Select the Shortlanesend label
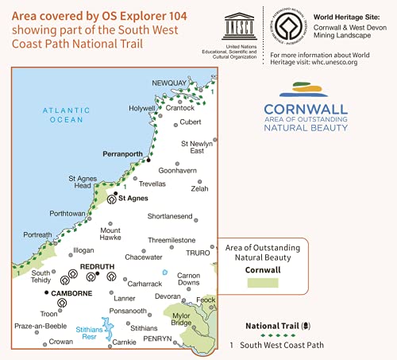point(170,216)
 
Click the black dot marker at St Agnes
point(116,193)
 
